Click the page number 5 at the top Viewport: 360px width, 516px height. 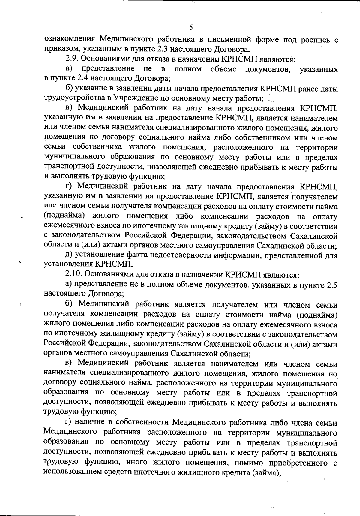point(191,28)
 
